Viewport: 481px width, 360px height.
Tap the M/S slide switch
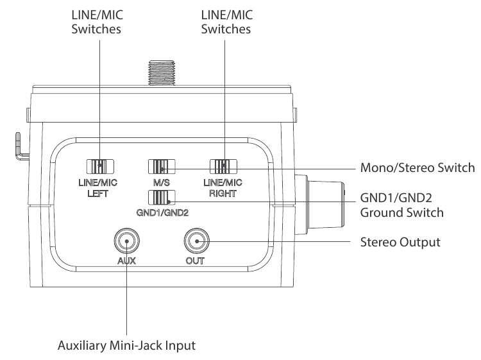161,166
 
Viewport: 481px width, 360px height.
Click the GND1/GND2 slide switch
161,196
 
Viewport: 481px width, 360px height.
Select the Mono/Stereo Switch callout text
415,169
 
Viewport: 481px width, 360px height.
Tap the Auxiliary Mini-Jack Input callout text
128,346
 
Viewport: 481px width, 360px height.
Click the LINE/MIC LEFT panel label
99,187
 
